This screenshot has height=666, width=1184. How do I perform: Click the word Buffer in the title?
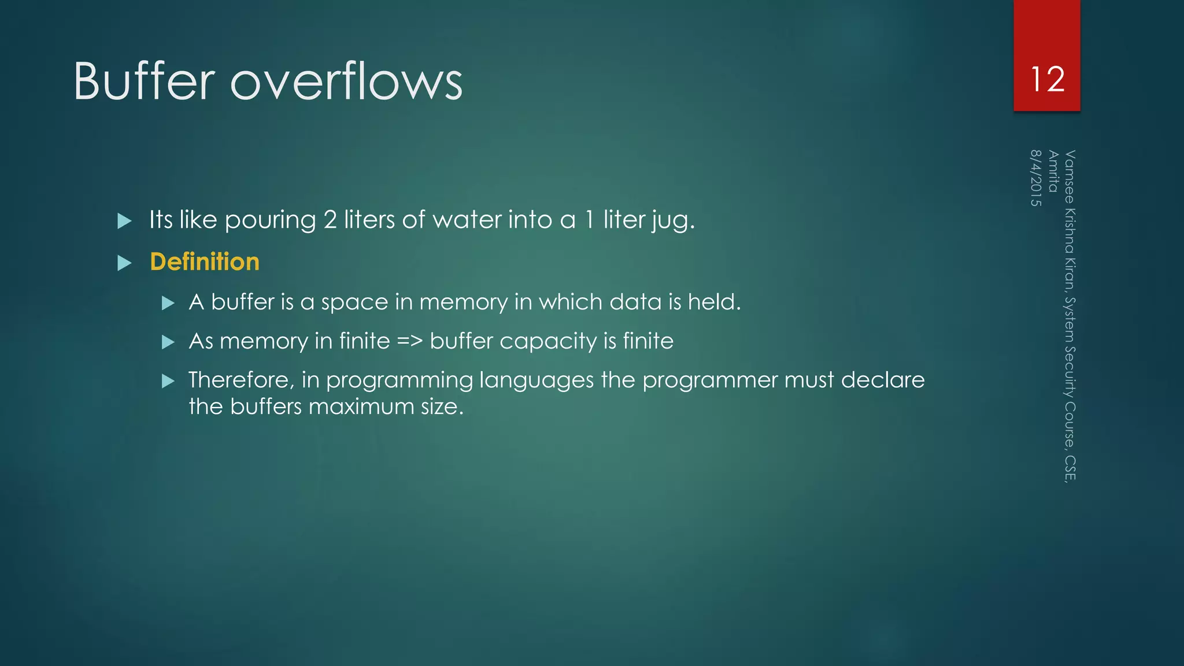click(144, 82)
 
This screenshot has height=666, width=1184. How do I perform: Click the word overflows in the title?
click(346, 82)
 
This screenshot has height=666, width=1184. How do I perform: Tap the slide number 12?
click(1047, 79)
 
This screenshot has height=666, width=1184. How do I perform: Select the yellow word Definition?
click(205, 262)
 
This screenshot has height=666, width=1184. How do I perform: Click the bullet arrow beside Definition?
click(124, 264)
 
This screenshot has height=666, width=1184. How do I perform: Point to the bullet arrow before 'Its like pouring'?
click(124, 221)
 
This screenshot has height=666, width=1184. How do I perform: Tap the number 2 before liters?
click(330, 220)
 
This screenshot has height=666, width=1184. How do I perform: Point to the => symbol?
click(410, 341)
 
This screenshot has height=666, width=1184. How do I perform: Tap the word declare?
click(882, 380)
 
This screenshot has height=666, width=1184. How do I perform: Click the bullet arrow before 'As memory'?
click(168, 342)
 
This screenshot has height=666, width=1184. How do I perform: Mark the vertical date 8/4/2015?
click(1036, 178)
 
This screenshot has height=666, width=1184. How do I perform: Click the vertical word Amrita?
click(1053, 171)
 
